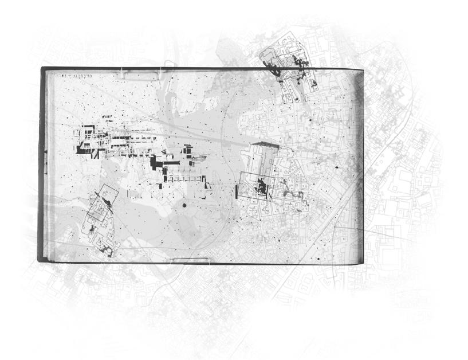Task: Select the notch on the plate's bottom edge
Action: [188, 261]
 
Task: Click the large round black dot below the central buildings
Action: [184, 205]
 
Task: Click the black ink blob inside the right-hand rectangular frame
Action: [262, 187]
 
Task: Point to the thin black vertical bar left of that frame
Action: [237, 190]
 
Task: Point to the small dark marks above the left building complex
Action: [106, 118]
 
